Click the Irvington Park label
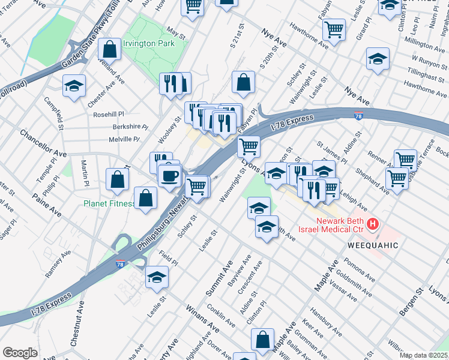click(148, 44)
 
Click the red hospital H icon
click(373, 224)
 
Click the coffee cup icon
click(169, 176)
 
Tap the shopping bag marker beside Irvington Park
click(110, 49)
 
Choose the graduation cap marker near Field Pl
click(157, 277)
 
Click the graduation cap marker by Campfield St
click(74, 86)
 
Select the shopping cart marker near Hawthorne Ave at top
click(334, 28)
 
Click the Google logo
click(20, 353)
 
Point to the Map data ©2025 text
click(423, 355)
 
